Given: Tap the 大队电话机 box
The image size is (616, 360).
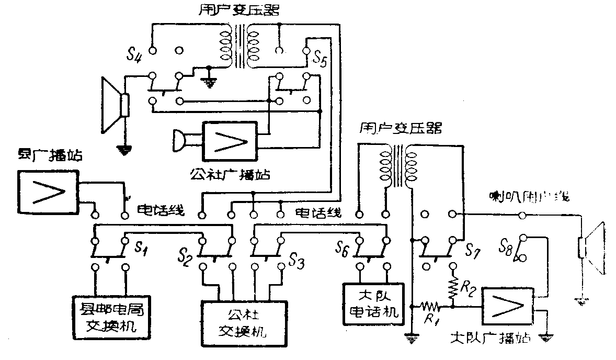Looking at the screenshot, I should [373, 305].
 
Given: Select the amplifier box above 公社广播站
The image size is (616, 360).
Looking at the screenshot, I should [231, 141].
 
